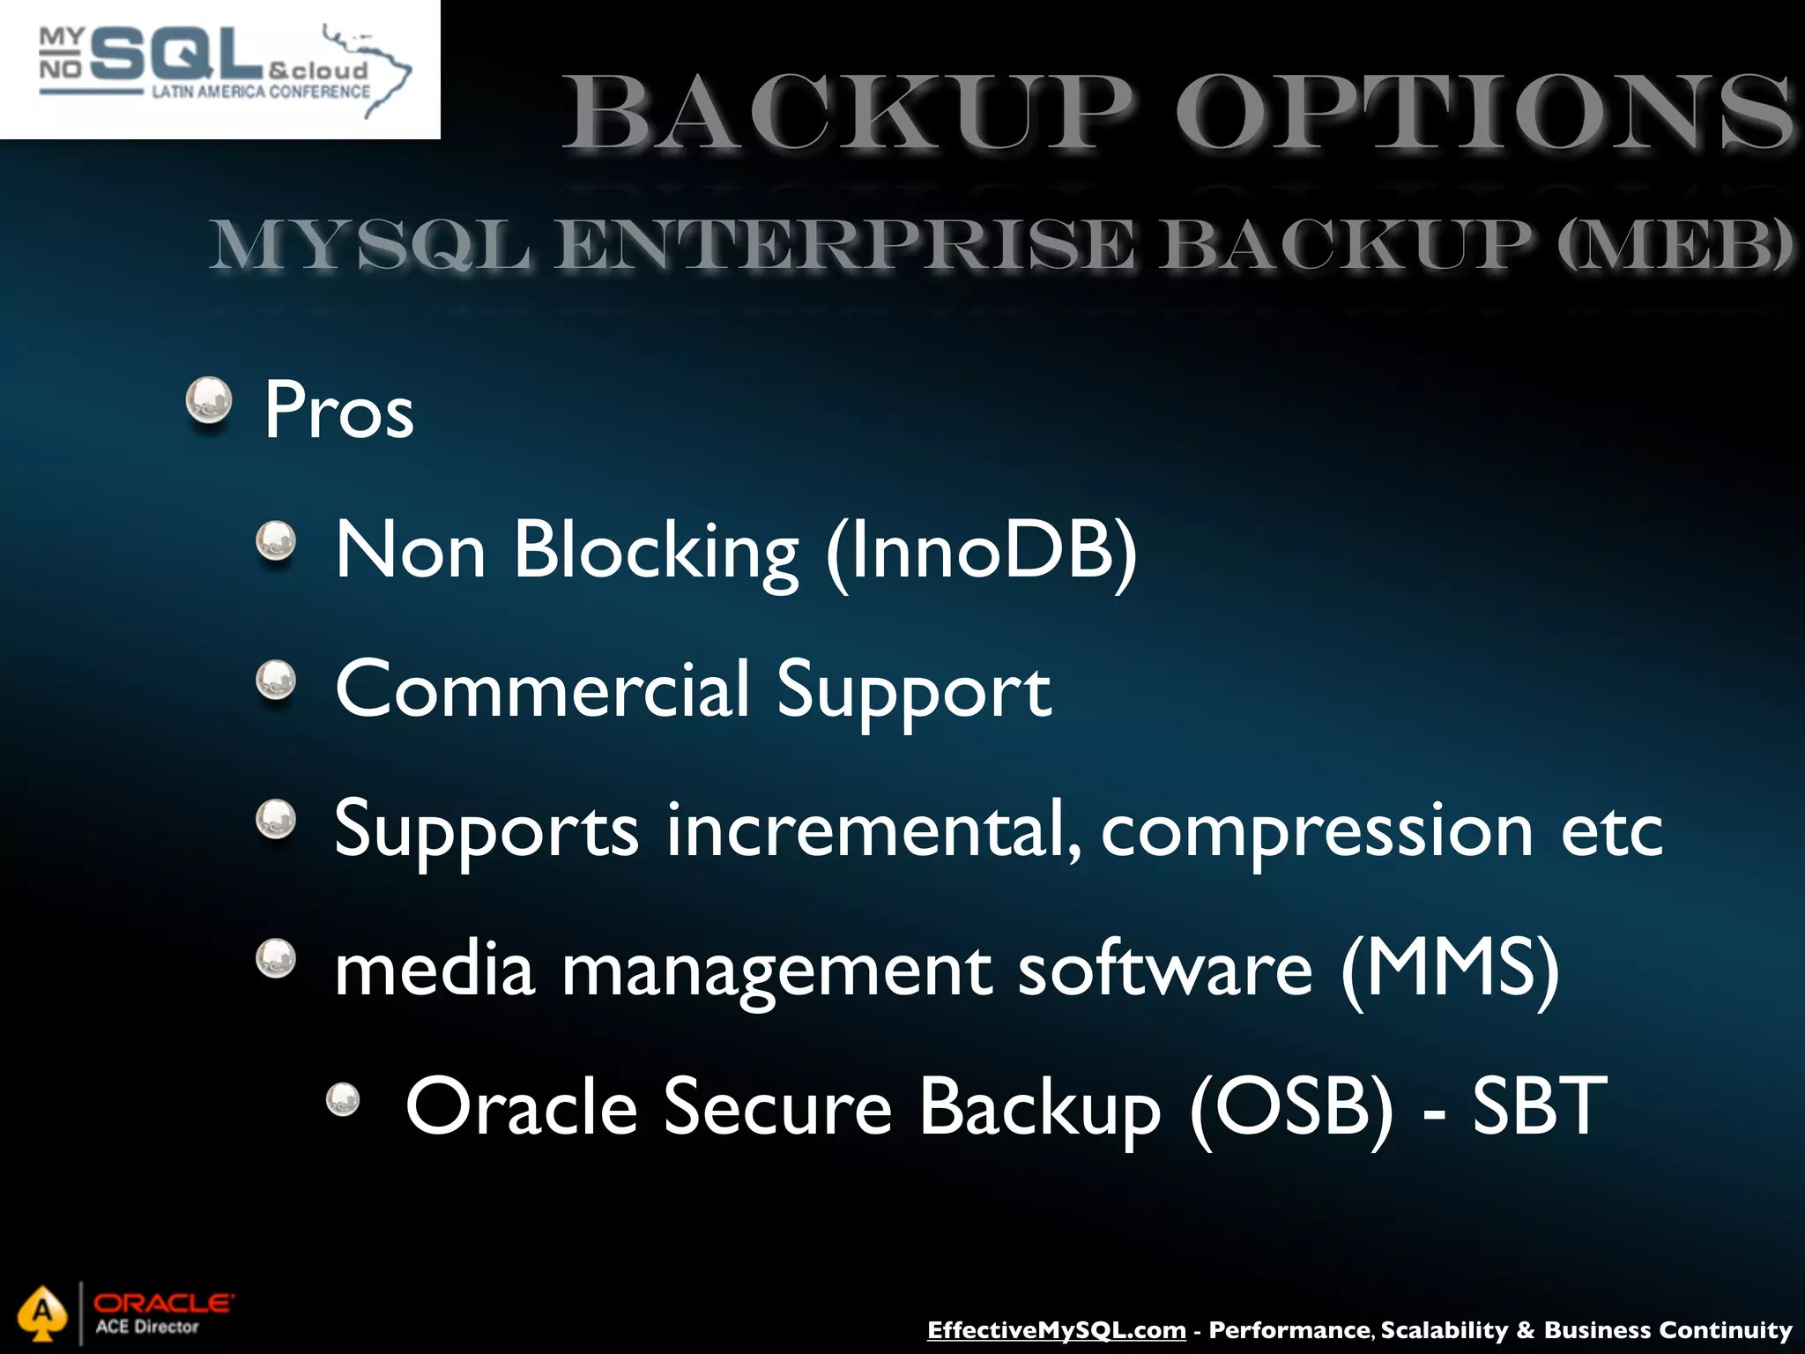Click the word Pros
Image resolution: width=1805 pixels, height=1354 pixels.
coord(338,410)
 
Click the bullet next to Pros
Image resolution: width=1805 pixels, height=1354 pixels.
coord(209,401)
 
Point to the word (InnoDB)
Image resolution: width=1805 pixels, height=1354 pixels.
coord(982,550)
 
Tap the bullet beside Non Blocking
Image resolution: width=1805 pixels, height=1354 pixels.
coord(276,540)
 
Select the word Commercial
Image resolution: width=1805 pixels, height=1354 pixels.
coord(542,688)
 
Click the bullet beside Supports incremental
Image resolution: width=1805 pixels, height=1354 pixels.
coord(276,819)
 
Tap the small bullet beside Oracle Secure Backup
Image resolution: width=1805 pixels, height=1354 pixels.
coord(343,1099)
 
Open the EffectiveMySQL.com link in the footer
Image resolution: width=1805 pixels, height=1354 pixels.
coord(1056,1329)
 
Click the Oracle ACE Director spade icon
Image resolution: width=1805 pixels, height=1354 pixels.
coord(42,1314)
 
